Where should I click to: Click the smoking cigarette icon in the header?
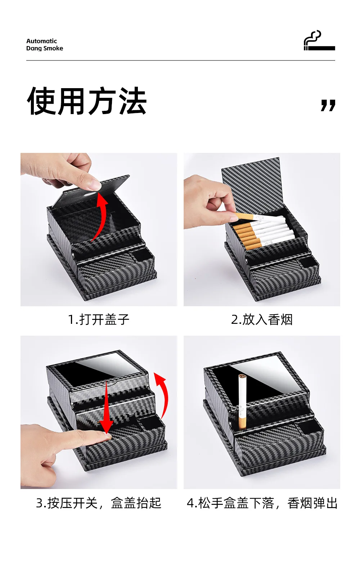tap(319, 41)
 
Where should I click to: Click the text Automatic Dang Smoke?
tap(44, 45)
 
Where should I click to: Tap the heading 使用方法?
tap(87, 101)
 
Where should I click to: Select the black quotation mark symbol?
tap(328, 105)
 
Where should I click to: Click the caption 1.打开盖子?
tap(99, 320)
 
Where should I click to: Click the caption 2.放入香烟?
tap(262, 320)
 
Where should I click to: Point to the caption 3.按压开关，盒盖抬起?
tap(99, 503)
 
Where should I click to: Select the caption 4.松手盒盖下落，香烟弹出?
tap(262, 503)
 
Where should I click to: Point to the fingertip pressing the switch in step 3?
tap(107, 436)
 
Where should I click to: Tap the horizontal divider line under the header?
tap(180, 60)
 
